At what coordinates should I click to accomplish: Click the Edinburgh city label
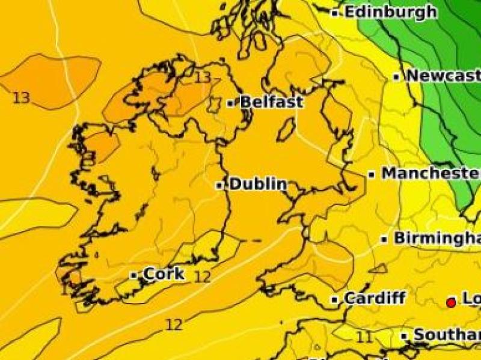click(x=391, y=11)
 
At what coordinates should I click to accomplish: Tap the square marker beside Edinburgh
click(x=336, y=12)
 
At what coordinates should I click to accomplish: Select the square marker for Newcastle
click(x=397, y=76)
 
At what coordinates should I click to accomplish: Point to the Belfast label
click(x=271, y=102)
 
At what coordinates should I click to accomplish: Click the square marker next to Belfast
click(x=230, y=103)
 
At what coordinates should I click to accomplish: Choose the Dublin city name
click(x=258, y=184)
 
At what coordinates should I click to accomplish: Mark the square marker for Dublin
click(x=220, y=185)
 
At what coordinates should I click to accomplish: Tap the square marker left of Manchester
click(x=372, y=174)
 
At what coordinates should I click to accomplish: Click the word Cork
click(x=164, y=274)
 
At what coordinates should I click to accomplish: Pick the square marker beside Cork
click(x=134, y=275)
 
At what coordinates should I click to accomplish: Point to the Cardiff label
click(x=375, y=298)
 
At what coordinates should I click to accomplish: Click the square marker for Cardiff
click(x=335, y=299)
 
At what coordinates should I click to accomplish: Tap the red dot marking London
click(x=451, y=303)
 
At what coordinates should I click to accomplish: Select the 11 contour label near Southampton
click(x=364, y=337)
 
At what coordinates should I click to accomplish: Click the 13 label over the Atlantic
click(x=21, y=97)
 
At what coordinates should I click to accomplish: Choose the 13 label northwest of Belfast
click(x=203, y=78)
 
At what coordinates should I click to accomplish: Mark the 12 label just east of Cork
click(x=203, y=276)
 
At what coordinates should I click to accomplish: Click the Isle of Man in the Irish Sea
click(x=286, y=129)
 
